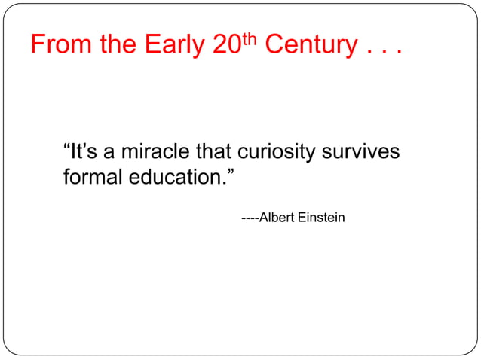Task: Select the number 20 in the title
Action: pos(225,46)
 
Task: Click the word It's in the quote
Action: pos(84,153)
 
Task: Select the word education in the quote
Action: pos(173,178)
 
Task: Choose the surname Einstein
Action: pos(320,218)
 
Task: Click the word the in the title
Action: pos(119,46)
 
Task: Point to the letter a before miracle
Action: pos(109,154)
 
